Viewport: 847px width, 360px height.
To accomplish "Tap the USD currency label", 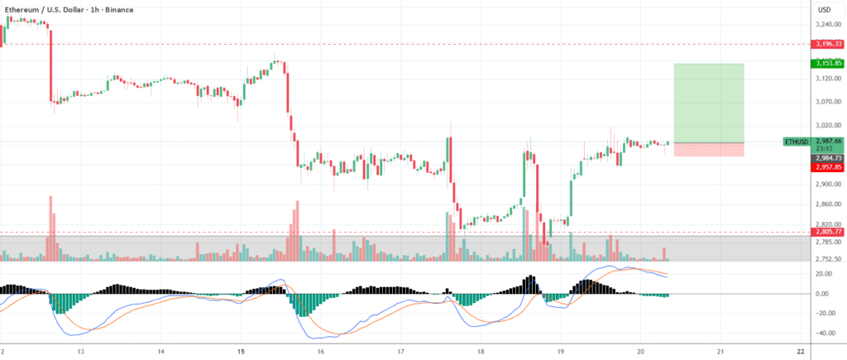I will pos(824,9).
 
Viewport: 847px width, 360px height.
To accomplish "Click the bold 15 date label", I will pos(240,351).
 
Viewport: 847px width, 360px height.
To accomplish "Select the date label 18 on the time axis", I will pos(481,351).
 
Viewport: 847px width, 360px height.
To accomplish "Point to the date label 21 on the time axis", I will pos(720,351).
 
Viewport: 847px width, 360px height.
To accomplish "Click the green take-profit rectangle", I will pos(710,103).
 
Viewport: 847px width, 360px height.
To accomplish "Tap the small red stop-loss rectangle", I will pos(710,150).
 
